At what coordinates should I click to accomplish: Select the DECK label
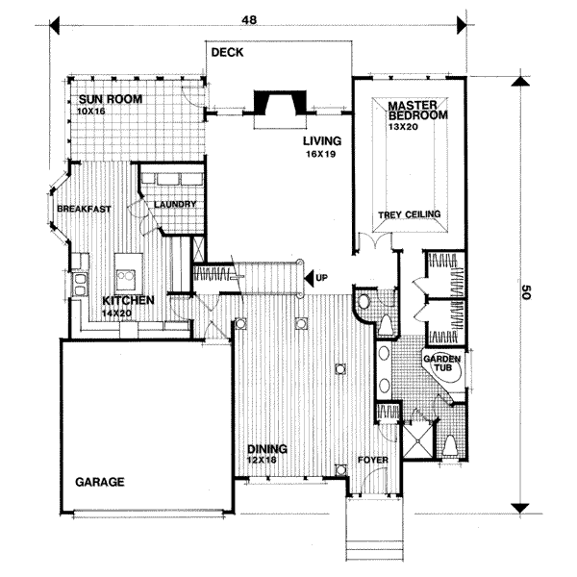click(228, 53)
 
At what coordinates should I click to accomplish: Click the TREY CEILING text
click(410, 214)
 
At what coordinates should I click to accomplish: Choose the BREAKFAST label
click(85, 209)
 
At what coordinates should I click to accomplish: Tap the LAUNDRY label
click(174, 204)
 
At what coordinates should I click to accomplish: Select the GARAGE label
click(100, 482)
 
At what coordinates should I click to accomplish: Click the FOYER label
click(372, 460)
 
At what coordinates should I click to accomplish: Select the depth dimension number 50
click(527, 292)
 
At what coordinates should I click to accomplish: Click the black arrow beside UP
click(310, 279)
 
